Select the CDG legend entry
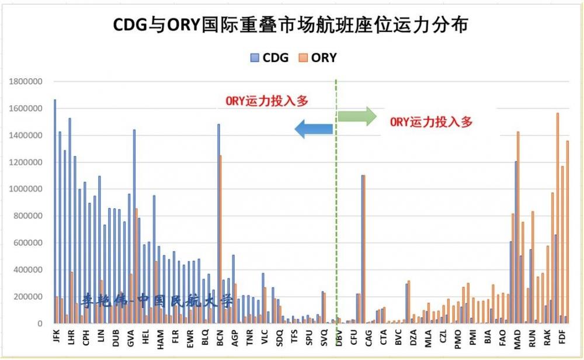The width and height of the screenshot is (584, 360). [x=270, y=58]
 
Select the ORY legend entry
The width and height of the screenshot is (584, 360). [x=318, y=58]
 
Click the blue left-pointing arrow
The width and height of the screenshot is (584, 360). [x=314, y=129]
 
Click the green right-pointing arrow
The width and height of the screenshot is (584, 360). [x=357, y=116]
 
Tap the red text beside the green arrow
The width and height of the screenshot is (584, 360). [x=431, y=122]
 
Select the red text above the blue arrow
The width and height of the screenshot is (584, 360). [x=267, y=101]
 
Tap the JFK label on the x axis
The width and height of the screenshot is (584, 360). [x=57, y=340]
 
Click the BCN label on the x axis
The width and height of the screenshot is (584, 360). [x=220, y=340]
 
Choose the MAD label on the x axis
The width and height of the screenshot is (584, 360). [x=517, y=340]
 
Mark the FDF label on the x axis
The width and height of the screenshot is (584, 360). [x=562, y=340]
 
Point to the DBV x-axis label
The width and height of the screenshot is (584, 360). [x=339, y=340]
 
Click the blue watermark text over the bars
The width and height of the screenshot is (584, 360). [x=158, y=302]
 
